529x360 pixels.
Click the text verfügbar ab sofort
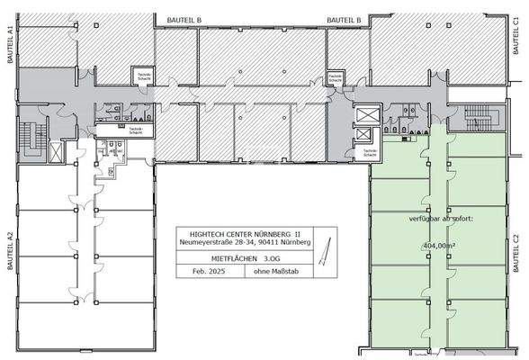tap(447, 217)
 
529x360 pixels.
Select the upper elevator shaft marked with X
tap(368, 112)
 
